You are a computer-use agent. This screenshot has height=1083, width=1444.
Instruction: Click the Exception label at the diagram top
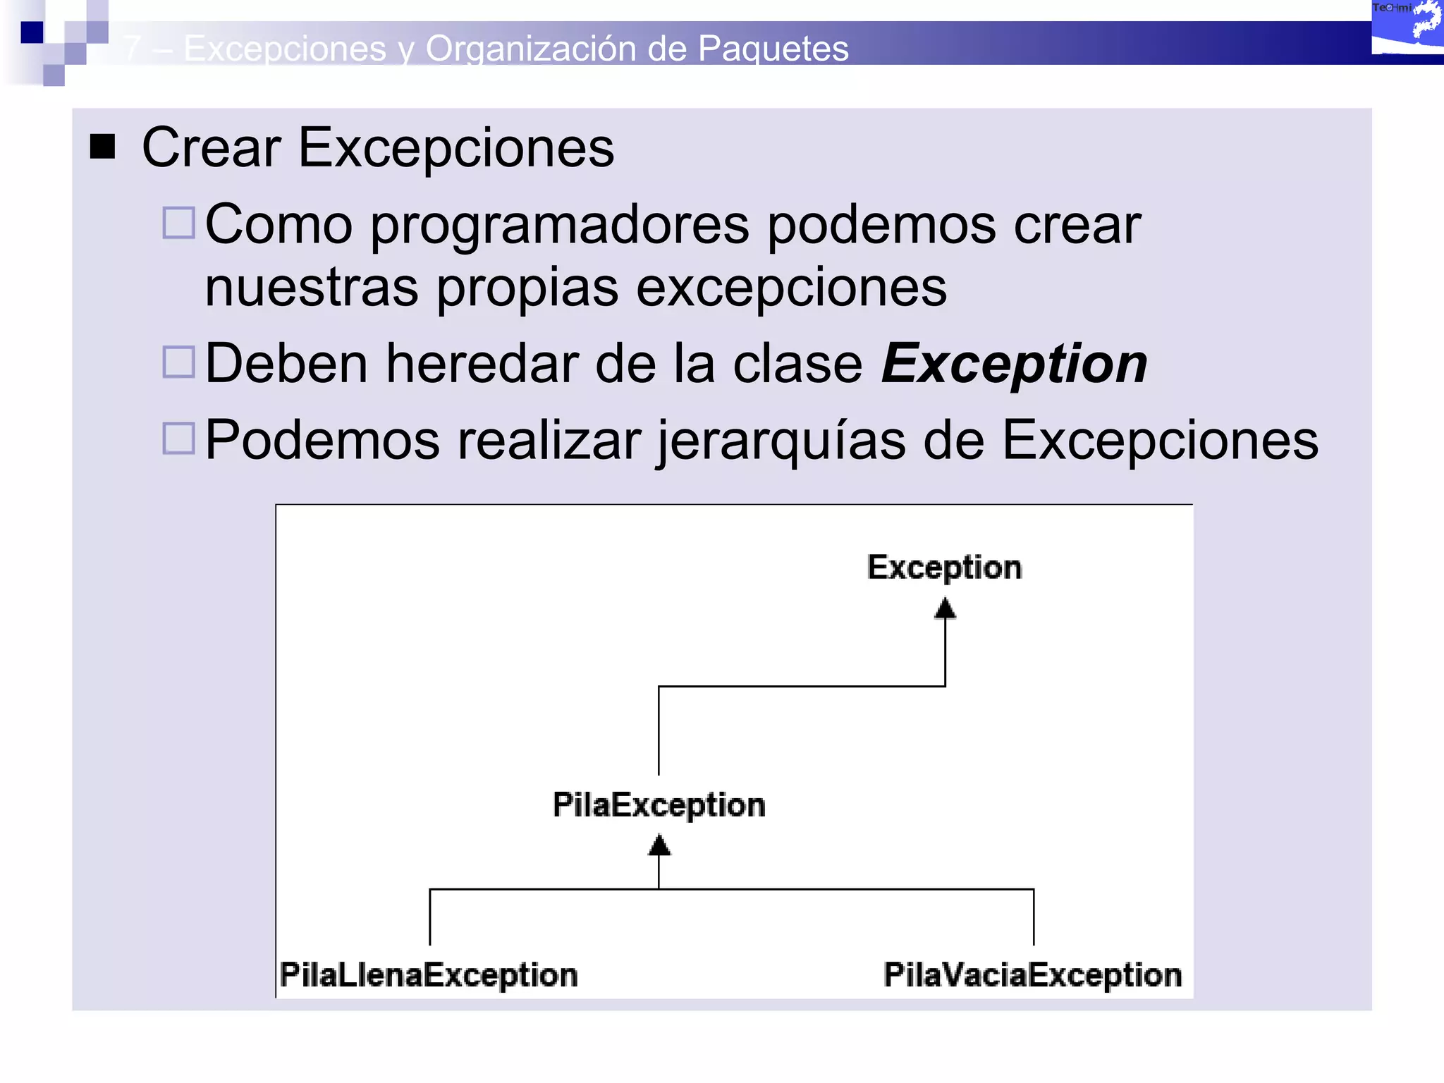(x=944, y=568)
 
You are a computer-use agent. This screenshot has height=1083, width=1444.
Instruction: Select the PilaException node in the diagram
(x=659, y=805)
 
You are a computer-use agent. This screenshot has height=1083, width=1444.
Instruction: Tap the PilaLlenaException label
(x=429, y=975)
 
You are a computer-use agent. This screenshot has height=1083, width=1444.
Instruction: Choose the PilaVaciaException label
(x=1033, y=975)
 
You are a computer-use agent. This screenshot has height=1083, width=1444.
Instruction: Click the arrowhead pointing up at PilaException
(x=659, y=845)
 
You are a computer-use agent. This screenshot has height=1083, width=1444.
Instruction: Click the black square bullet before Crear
(x=103, y=147)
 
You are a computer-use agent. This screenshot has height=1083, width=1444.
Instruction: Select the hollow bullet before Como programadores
(x=178, y=223)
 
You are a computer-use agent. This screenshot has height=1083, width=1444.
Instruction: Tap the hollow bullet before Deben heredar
(x=178, y=362)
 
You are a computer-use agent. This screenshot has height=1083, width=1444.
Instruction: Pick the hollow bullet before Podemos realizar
(x=178, y=438)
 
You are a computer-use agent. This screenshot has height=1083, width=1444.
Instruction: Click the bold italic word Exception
(x=1014, y=364)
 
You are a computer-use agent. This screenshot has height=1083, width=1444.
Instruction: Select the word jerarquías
(x=781, y=441)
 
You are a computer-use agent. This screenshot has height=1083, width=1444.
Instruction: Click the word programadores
(x=560, y=226)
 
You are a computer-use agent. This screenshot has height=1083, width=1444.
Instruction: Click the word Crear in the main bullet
(x=212, y=148)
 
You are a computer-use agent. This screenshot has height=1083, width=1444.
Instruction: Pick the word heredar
(x=482, y=364)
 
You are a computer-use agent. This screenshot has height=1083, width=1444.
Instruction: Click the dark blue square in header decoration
(x=32, y=32)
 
